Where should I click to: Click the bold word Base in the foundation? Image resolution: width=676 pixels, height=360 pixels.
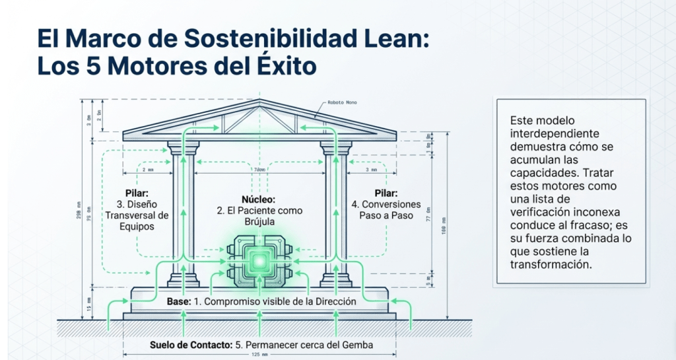pyautogui.click(x=179, y=301)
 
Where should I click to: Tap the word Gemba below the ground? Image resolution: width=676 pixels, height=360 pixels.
pyautogui.click(x=356, y=344)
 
